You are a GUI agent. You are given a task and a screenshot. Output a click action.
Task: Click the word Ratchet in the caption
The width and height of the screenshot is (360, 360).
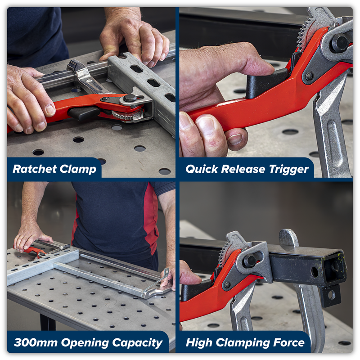pyautogui.click(x=35, y=169)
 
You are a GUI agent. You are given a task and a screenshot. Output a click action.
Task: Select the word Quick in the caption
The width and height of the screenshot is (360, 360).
pyautogui.click(x=202, y=170)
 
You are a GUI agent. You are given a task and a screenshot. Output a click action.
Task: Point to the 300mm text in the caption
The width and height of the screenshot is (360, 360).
pyautogui.click(x=36, y=342)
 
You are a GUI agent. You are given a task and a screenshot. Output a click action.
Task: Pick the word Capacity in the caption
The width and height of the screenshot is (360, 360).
pyautogui.click(x=137, y=343)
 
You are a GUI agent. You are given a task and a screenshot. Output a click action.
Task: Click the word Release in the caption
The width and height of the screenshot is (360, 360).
pyautogui.click(x=243, y=169)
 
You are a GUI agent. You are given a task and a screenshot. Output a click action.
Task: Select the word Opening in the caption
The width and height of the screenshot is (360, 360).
pyautogui.click(x=85, y=343)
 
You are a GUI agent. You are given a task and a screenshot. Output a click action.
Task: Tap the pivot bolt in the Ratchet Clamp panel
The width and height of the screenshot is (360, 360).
pyautogui.click(x=130, y=98)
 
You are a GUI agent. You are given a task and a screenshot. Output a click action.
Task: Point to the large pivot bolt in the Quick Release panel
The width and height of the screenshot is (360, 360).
pyautogui.click(x=339, y=43)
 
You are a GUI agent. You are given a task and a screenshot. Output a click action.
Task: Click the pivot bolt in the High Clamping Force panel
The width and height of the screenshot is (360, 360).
pyautogui.click(x=250, y=261)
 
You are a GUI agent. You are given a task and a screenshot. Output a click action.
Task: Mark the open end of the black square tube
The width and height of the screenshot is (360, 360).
pyautogui.click(x=334, y=269)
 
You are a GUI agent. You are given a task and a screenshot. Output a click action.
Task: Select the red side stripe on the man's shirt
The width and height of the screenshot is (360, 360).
pyautogui.click(x=150, y=220)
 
